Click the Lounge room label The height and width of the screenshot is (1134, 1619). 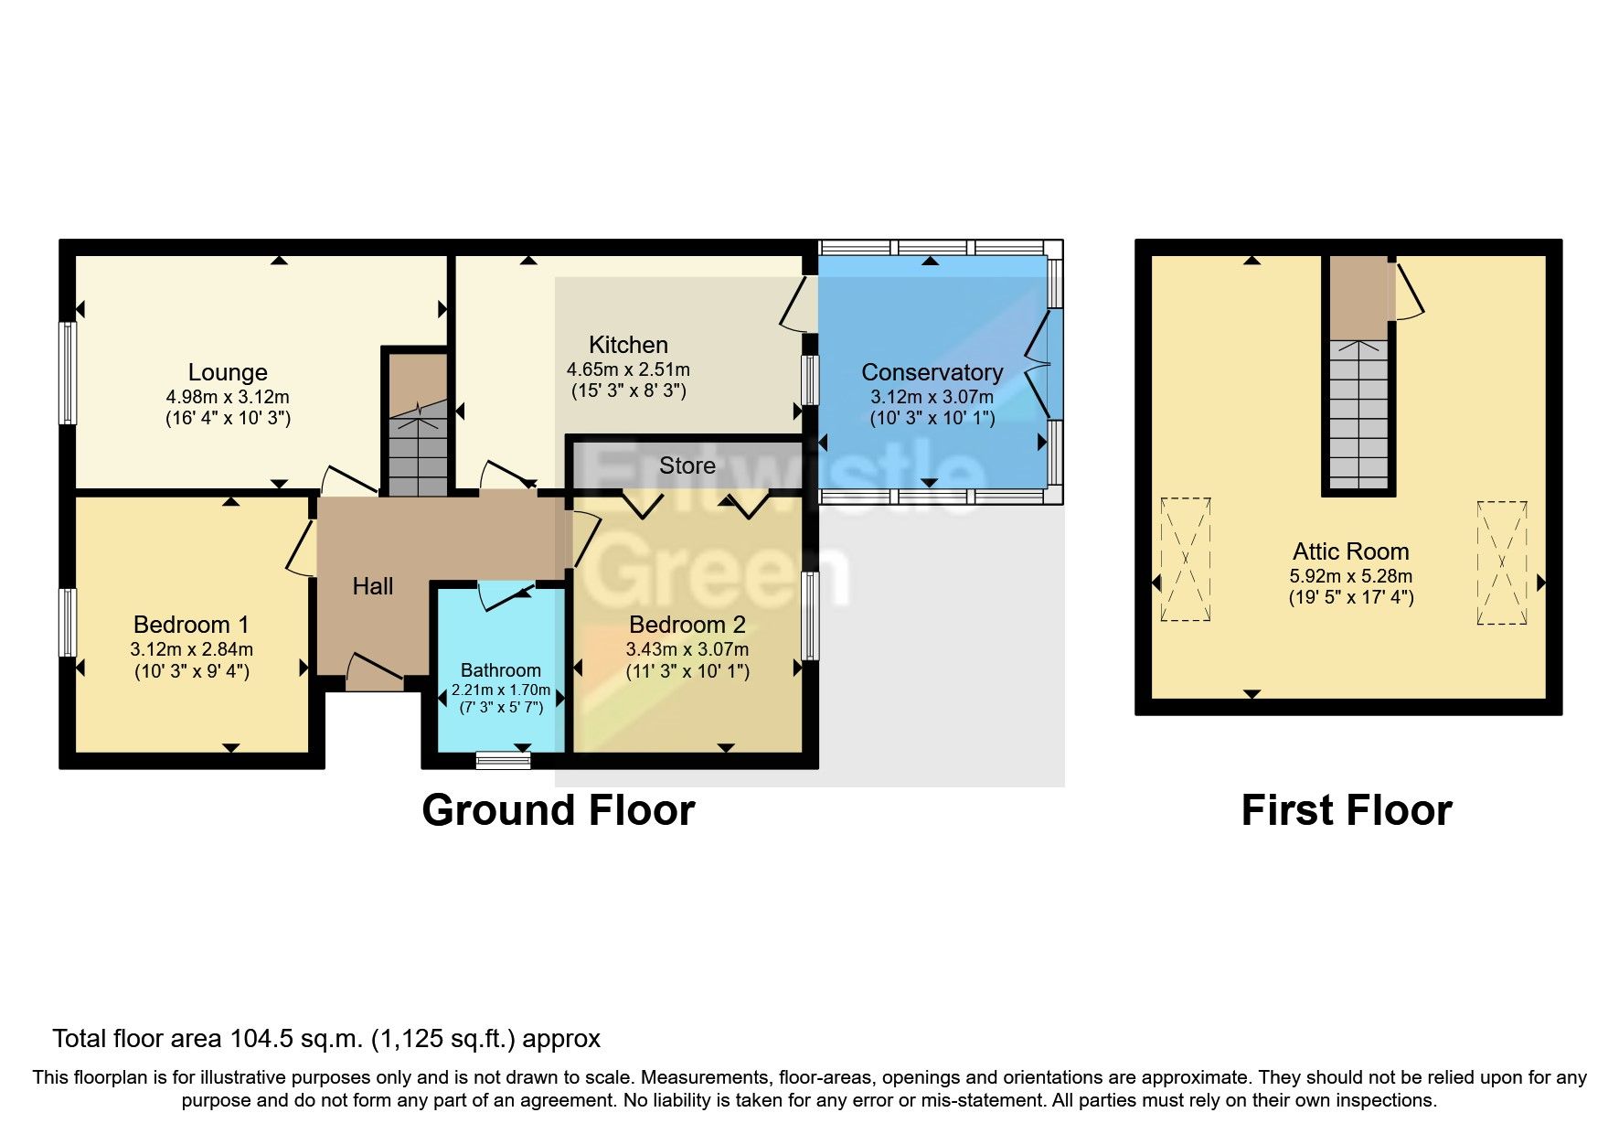point(228,372)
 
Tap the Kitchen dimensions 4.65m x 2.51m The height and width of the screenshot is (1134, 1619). point(628,370)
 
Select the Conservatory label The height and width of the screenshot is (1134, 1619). point(932,372)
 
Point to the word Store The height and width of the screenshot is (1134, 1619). point(687,465)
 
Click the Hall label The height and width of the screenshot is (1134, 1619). point(373,586)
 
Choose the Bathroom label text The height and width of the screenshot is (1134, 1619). point(500,670)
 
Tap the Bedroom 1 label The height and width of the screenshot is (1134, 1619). point(191,625)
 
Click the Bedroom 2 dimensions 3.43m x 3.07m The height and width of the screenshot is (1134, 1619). point(687,649)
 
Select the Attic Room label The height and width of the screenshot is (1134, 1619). point(1350,551)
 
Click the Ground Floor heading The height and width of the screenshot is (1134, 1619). point(559,810)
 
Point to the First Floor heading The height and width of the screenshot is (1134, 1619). point(1347,810)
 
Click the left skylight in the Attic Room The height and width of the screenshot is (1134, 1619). point(1186,560)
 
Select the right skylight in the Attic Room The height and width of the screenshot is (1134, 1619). point(1502,562)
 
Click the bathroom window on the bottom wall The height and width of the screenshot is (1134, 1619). point(504,760)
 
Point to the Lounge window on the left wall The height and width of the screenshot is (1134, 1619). point(68,372)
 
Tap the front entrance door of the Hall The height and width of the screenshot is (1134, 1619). point(375,672)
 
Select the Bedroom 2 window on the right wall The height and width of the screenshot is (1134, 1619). point(810,615)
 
